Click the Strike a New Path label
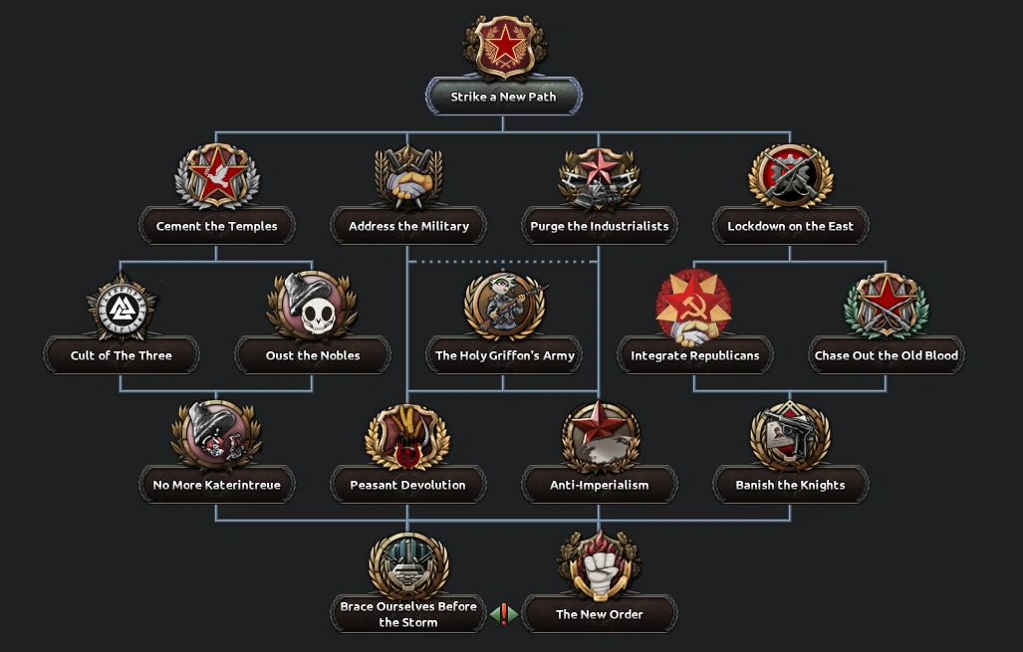tap(503, 97)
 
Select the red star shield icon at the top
tap(504, 47)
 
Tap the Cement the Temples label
tap(216, 226)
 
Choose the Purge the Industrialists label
tap(599, 226)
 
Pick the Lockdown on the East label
tap(790, 226)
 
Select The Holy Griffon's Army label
tap(504, 355)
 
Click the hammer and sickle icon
tap(693, 306)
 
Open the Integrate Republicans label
tap(694, 355)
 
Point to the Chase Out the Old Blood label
tap(886, 355)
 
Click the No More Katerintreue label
tap(216, 485)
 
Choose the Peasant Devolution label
tap(407, 485)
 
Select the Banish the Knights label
tap(790, 485)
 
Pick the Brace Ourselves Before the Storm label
tap(407, 614)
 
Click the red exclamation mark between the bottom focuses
tap(504, 614)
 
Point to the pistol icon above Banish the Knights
tap(790, 435)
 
